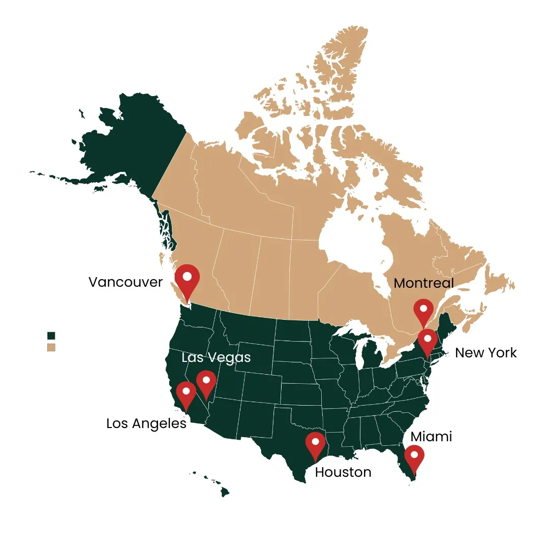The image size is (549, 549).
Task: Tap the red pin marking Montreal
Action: [423, 311]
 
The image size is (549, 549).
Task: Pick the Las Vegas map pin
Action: [206, 383]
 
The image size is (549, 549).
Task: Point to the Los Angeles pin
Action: [186, 394]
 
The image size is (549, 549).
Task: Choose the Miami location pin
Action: [414, 457]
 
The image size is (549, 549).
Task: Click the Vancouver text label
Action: [126, 282]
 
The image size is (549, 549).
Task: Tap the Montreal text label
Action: [423, 283]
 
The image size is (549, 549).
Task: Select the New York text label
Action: [485, 353]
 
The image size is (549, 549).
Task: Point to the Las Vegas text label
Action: [216, 357]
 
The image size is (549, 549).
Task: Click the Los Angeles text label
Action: [146, 423]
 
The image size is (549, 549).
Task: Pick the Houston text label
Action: [343, 472]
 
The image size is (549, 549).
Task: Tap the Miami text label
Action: [431, 436]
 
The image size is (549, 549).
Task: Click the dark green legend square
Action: [51, 335]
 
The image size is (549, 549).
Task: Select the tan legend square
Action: [51, 347]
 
